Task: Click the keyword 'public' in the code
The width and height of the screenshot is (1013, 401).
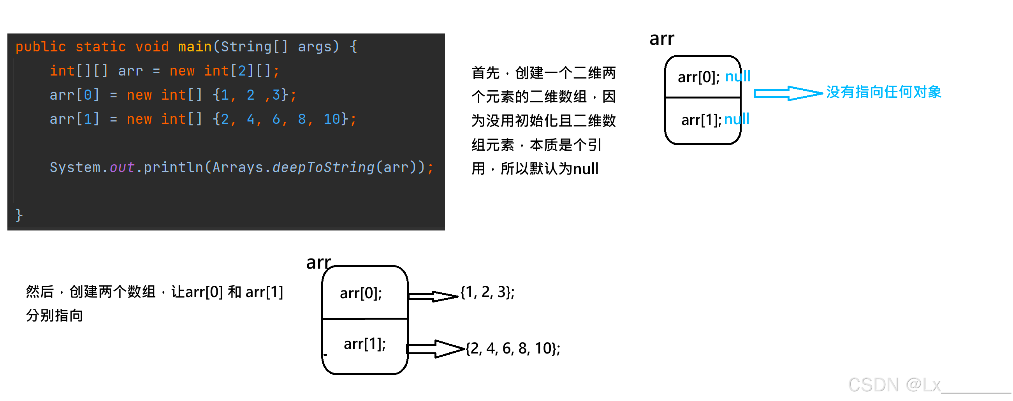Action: (x=40, y=47)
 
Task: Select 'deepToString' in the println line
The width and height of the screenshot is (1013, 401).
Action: (x=323, y=167)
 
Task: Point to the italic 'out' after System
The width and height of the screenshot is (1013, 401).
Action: (x=121, y=167)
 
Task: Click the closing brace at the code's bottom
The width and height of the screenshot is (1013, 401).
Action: (x=19, y=215)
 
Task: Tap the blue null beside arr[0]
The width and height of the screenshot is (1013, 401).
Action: (x=737, y=76)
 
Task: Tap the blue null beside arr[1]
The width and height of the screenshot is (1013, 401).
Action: (x=736, y=119)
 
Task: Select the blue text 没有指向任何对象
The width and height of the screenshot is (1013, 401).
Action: (x=883, y=92)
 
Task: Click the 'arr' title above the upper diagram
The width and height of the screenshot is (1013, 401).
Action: (x=661, y=39)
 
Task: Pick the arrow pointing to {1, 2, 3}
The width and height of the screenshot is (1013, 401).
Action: (x=433, y=296)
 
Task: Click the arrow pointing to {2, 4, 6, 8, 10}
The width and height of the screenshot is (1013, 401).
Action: (x=435, y=349)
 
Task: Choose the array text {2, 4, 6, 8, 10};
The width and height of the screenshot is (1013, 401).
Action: (x=513, y=348)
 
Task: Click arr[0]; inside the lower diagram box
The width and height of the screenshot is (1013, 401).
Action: (x=361, y=293)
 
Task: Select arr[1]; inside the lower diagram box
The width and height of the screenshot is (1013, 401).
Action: (x=364, y=344)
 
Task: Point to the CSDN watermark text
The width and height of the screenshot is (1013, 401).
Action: (x=894, y=385)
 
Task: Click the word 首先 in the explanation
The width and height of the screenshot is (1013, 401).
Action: (x=485, y=73)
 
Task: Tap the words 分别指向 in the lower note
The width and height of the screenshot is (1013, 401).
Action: (x=55, y=316)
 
